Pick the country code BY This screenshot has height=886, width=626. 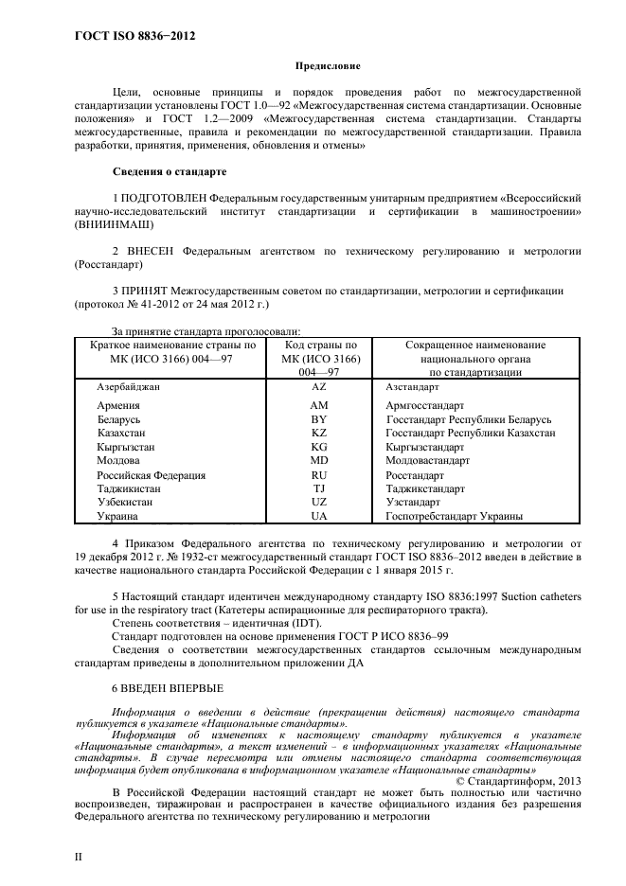pyautogui.click(x=319, y=418)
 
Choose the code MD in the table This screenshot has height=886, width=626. pyautogui.click(x=319, y=460)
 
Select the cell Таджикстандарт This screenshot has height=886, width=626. pyautogui.click(x=425, y=489)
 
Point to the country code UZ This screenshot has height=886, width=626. pyautogui.click(x=319, y=503)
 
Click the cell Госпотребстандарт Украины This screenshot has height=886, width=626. pyautogui.click(x=455, y=518)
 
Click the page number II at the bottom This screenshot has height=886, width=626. pyautogui.click(x=80, y=855)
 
